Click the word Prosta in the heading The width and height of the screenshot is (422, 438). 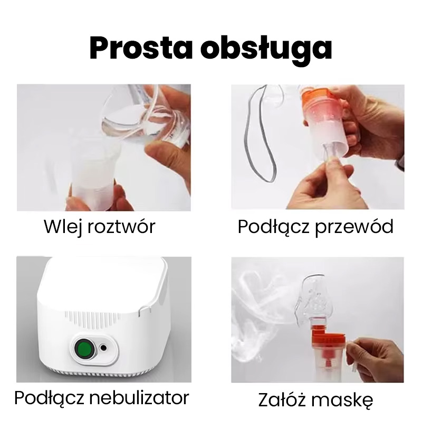pos(141,48)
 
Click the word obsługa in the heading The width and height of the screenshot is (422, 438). pos(266,50)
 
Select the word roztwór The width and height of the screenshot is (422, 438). pos(121,226)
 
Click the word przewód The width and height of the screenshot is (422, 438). pos(354,227)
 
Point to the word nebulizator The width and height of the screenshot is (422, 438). pos(139,397)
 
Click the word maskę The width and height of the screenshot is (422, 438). pos(342,400)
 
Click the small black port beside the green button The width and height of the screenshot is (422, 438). pos(103,348)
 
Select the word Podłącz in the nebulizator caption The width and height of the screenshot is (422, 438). pos(49,398)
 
